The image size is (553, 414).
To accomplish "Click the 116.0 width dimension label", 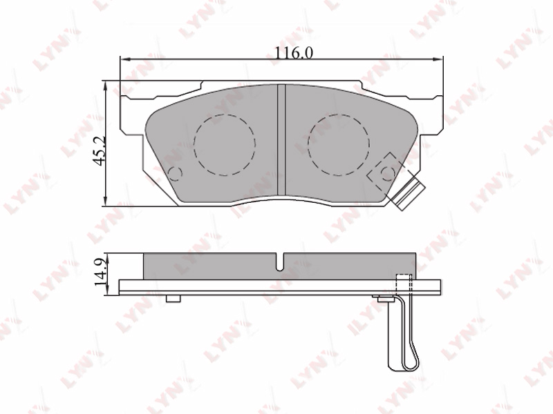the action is (x=294, y=53).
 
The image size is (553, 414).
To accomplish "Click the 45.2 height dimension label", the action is (x=100, y=150).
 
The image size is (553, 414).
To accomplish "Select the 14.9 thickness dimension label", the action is (x=100, y=272).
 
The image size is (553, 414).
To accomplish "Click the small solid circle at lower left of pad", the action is (x=176, y=174).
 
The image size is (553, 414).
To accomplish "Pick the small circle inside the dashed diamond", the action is (x=388, y=173).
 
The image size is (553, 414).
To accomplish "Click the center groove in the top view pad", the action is (x=281, y=139).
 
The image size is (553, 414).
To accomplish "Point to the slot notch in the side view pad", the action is (x=280, y=262).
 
